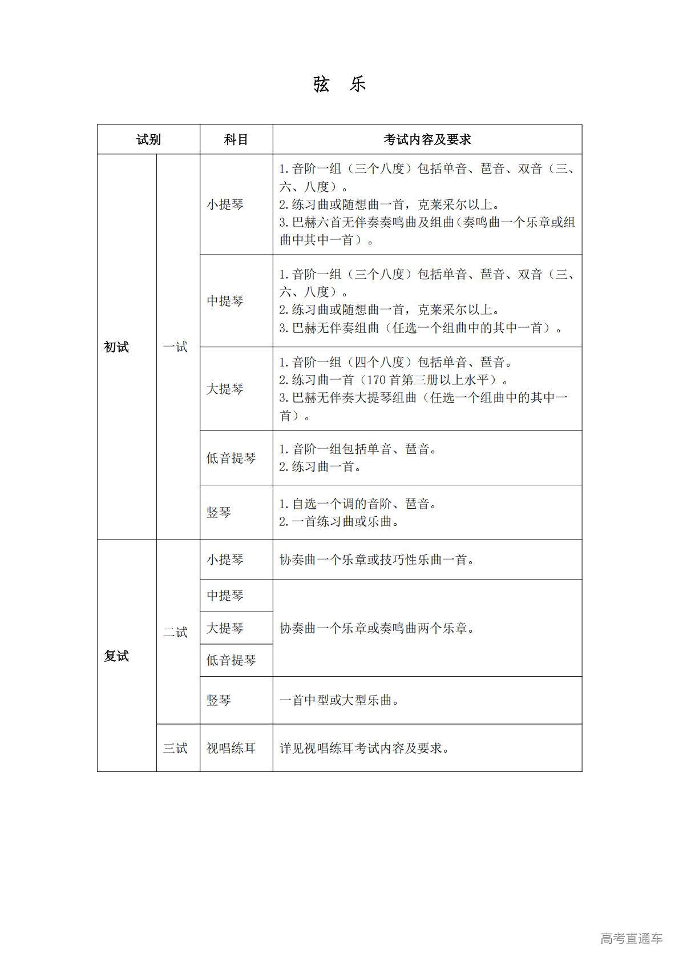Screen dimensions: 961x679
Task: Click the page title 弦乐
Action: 339,85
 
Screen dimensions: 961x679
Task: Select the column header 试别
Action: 148,139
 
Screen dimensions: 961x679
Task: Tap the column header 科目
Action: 236,139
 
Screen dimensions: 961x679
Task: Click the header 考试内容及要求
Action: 427,139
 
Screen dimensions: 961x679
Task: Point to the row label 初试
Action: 116,347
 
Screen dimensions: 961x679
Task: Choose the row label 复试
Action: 116,656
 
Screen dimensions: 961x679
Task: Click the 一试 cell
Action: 175,347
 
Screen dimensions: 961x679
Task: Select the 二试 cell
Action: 175,632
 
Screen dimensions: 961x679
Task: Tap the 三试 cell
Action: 175,748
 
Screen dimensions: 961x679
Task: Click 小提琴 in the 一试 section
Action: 225,204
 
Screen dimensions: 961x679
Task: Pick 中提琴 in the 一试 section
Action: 225,301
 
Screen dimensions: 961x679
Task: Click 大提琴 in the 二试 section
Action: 225,628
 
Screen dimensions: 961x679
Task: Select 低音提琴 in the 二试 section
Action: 231,660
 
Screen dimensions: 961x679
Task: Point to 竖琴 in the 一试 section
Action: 219,512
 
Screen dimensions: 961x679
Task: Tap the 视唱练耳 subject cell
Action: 231,748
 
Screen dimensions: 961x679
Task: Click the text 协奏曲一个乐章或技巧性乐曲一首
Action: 377,560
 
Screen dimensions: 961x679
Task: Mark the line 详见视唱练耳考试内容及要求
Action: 364,748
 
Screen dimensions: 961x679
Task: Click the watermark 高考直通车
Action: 631,938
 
